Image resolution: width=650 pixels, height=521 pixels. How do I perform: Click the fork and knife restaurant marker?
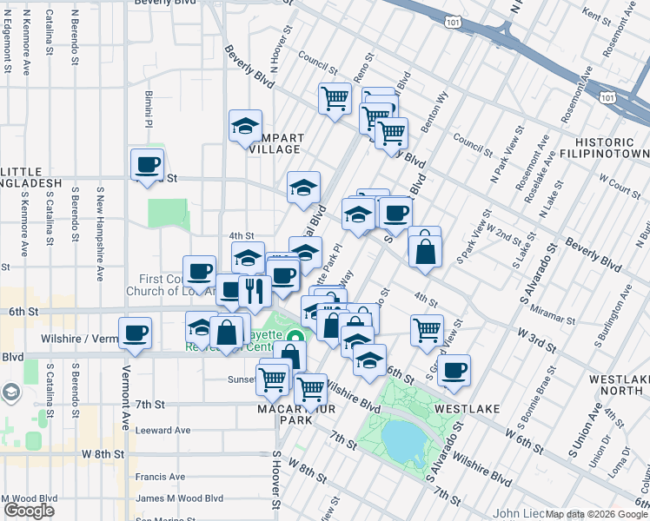coord(254,290)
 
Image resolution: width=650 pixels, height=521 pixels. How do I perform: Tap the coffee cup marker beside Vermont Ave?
coord(135,333)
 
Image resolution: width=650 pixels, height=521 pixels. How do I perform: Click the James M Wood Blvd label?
coord(179,498)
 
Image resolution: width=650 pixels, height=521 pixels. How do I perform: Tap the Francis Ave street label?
coord(160,476)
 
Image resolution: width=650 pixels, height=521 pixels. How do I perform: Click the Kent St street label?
coord(599,15)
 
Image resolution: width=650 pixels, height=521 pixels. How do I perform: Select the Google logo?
coord(29,511)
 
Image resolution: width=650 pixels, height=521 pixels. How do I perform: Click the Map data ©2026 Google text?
coord(596,514)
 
